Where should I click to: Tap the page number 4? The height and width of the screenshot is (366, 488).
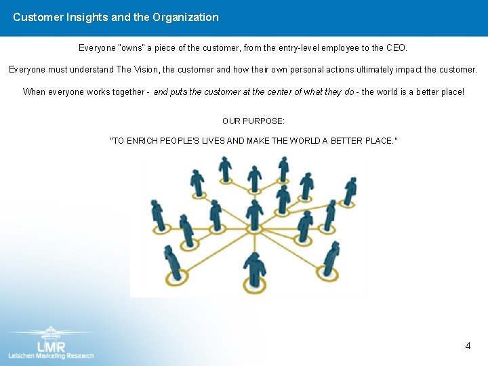(x=468, y=346)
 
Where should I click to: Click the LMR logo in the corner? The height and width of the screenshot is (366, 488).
(x=52, y=342)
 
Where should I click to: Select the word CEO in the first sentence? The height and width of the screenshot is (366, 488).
(x=396, y=48)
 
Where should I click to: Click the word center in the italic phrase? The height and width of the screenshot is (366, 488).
(x=268, y=91)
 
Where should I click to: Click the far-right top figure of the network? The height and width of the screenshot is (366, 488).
(x=350, y=190)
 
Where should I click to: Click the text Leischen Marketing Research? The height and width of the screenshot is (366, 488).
(x=52, y=355)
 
